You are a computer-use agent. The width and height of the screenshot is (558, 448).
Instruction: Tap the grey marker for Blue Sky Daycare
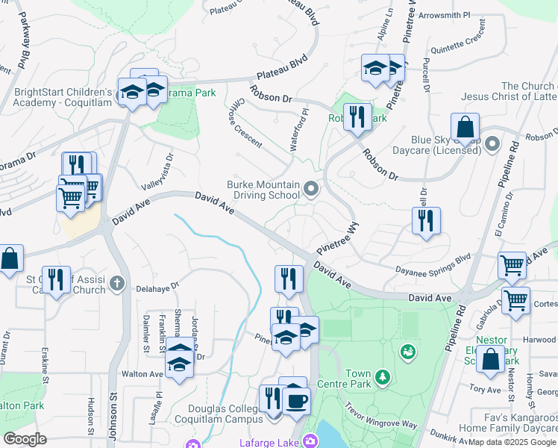(492, 143)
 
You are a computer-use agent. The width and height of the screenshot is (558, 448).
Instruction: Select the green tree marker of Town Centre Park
(383, 377)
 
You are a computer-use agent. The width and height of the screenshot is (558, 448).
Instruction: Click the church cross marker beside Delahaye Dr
(116, 283)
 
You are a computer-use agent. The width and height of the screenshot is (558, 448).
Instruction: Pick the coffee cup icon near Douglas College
(296, 401)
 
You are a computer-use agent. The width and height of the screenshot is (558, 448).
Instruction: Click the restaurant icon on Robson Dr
(357, 116)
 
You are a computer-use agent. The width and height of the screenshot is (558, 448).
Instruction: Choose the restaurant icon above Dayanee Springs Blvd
(426, 220)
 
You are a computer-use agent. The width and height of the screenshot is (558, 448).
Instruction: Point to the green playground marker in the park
(407, 350)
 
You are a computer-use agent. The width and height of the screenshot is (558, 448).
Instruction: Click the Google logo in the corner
(25, 438)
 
